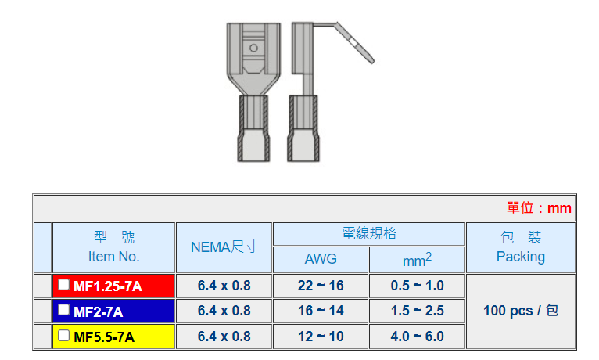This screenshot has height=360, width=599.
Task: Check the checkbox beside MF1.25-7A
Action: click(63, 284)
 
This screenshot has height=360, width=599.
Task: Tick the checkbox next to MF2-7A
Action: click(63, 310)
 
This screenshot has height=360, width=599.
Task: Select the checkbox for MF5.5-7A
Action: click(63, 336)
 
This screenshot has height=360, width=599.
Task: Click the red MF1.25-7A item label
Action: click(108, 286)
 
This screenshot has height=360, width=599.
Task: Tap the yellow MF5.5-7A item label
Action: click(104, 337)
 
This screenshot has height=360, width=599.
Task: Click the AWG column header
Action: click(321, 259)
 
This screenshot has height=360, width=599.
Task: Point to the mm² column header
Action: click(417, 260)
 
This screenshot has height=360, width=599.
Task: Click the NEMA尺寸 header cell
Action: click(224, 247)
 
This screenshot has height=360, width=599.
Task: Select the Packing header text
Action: click(521, 257)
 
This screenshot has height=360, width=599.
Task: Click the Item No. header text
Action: click(114, 257)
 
